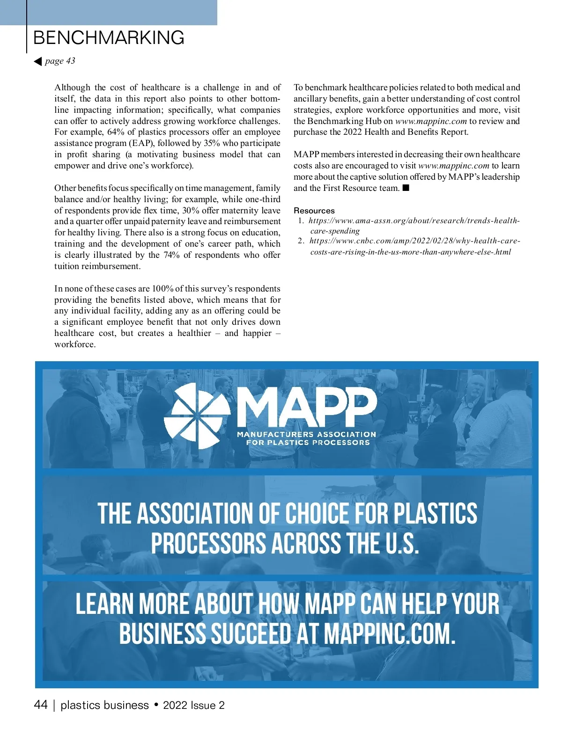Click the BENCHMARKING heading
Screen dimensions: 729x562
click(109, 38)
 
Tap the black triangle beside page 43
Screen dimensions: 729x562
click(38, 61)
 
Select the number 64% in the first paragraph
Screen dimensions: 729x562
click(116, 132)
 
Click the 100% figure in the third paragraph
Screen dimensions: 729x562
click(163, 289)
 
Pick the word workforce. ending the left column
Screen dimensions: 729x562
click(75, 344)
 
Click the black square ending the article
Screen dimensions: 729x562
click(406, 188)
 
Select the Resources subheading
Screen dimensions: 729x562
click(314, 211)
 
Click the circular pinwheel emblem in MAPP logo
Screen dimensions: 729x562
click(197, 416)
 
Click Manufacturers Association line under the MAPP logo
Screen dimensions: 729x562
click(306, 435)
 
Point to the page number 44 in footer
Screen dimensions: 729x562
click(41, 705)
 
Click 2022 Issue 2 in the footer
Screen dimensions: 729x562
click(193, 706)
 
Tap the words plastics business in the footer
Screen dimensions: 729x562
click(104, 706)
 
